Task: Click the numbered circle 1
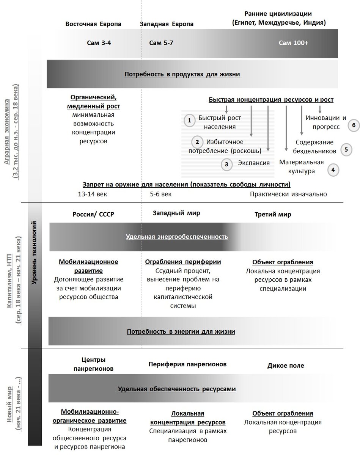coord(189,121)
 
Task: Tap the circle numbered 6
coord(353,125)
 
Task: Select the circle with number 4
coord(333,169)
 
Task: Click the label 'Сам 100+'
coord(293,43)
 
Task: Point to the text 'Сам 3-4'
coord(99,43)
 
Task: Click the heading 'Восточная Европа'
coord(93,24)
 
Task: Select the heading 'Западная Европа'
coord(167,24)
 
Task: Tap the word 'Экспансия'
coord(253,163)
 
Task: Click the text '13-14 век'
coord(92,194)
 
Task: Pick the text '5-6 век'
coord(161,194)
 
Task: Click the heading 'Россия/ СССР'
coord(93,214)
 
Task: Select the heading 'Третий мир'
coord(273,214)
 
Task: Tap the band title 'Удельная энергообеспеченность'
coord(177,237)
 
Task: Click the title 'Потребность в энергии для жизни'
coord(181,331)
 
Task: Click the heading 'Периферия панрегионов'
coord(187,364)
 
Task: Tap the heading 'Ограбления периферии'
coord(183,262)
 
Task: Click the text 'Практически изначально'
coord(288,194)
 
